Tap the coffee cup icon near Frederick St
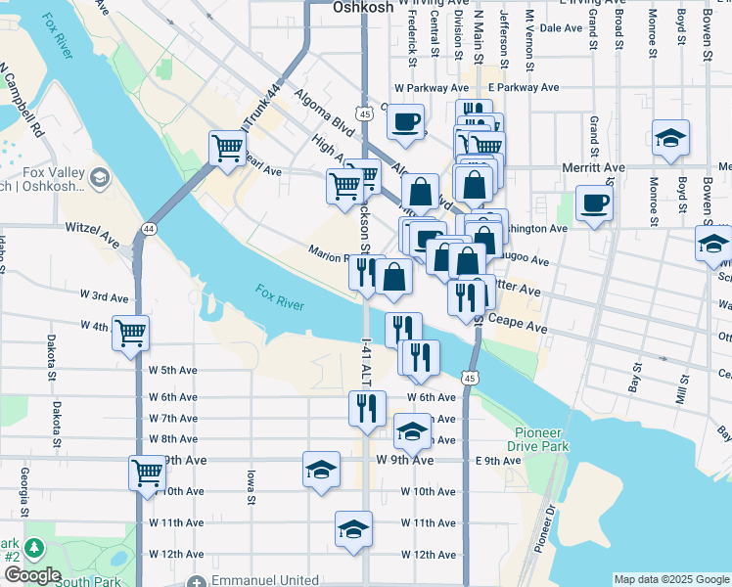405,123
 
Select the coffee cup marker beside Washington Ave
593,203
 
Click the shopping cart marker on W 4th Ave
130,332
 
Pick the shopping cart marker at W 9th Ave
147,473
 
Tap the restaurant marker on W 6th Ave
367,406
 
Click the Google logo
31,575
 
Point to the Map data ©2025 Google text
670,579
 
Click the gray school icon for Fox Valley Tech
99,178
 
